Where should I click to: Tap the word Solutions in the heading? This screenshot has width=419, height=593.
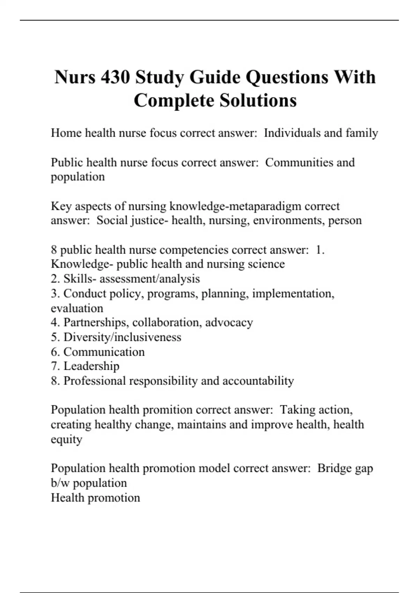pos(258,100)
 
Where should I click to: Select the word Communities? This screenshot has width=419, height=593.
pos(299,163)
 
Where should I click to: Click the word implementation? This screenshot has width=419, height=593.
pos(293,293)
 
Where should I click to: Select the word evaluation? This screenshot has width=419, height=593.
pos(77,308)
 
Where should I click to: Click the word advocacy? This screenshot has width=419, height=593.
pos(229,323)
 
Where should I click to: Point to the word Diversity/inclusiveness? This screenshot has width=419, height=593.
pos(122,337)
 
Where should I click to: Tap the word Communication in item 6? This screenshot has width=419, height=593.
pos(104,352)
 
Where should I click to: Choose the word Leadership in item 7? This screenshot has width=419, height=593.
pos(91,366)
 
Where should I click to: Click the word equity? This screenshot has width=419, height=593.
pos(66,439)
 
